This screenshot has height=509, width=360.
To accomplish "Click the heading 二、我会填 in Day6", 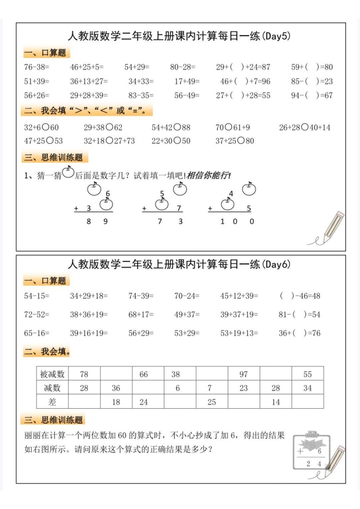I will click(47, 352).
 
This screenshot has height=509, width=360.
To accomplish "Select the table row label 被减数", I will click(52, 375).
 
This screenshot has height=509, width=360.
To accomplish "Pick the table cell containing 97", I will click(244, 375).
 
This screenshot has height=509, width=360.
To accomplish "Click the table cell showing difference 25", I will click(212, 402).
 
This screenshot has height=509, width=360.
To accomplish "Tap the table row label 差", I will click(52, 402).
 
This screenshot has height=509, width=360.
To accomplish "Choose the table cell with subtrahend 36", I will click(116, 388).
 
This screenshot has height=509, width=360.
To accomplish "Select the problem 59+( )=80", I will click(312, 68).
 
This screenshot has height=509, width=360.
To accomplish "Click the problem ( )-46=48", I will click(300, 296).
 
